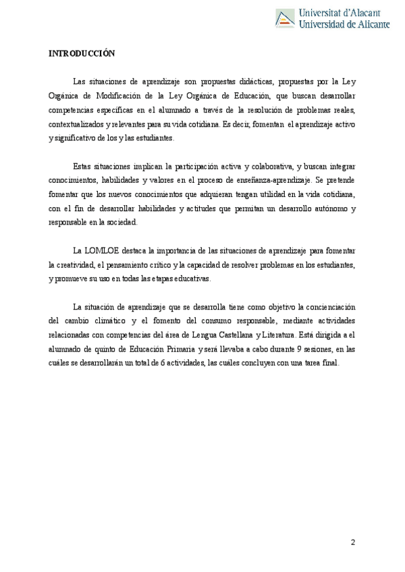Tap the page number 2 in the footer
(352, 543)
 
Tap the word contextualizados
(76, 125)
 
